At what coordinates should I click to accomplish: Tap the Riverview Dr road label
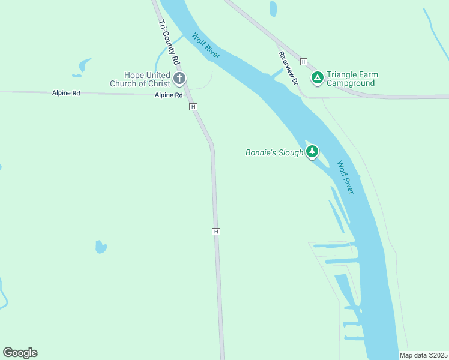click(x=288, y=67)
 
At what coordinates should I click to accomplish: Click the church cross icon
click(x=179, y=79)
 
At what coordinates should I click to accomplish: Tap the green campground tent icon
click(x=317, y=77)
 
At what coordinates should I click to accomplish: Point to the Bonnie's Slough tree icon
click(x=312, y=152)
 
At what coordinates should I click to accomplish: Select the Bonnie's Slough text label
click(x=274, y=153)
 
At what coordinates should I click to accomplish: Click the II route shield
click(x=304, y=62)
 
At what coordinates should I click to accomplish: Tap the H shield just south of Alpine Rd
click(x=193, y=107)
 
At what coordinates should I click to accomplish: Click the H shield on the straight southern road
click(x=216, y=232)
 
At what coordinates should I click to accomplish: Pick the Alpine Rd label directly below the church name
click(x=169, y=95)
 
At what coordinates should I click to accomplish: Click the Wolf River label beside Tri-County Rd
click(x=206, y=45)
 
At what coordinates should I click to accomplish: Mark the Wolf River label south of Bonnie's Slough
click(x=345, y=177)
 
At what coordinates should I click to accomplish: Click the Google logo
click(x=20, y=353)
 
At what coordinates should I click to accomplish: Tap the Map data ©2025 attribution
click(x=423, y=355)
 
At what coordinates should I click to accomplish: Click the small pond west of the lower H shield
click(x=101, y=247)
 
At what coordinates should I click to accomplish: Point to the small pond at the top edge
click(x=273, y=8)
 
